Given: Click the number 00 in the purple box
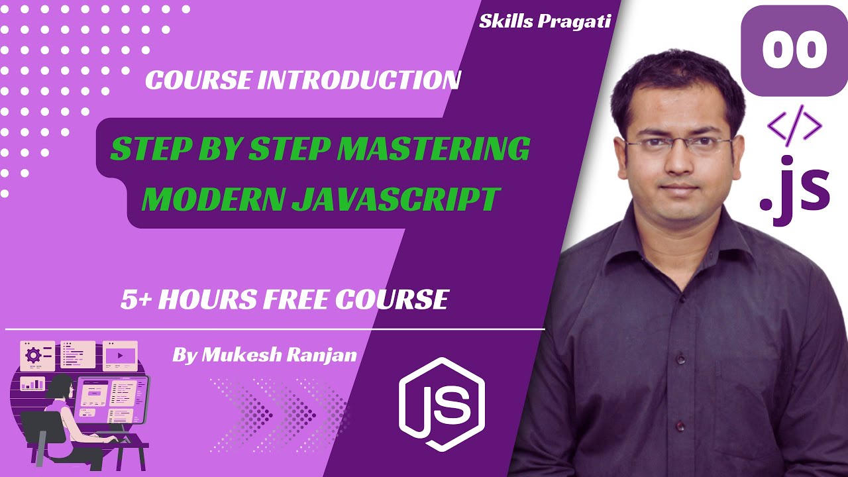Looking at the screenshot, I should (x=794, y=50).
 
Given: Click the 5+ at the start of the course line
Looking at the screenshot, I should (x=136, y=299).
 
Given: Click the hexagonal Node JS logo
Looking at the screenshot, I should (x=442, y=401).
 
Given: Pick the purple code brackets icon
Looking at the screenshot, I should (x=794, y=125).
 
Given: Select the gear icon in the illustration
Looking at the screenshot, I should (x=32, y=355).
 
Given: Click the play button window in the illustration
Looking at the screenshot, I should (x=120, y=355).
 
